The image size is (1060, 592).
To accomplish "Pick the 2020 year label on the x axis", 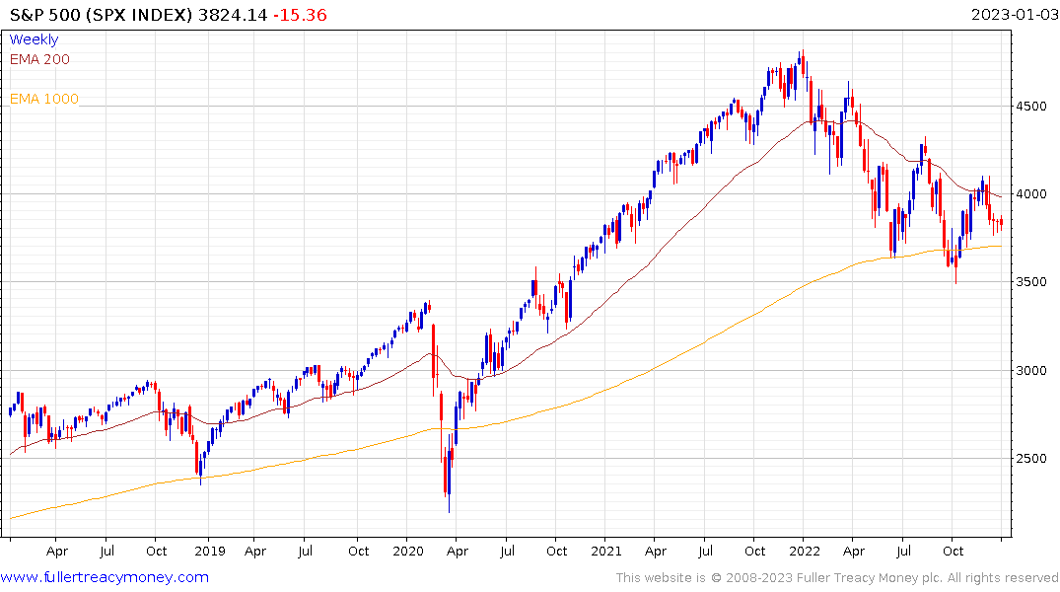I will coord(406,551).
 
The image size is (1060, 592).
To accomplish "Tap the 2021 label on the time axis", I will coord(606,551).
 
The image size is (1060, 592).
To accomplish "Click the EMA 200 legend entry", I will coord(39,59).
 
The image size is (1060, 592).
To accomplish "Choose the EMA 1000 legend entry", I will coord(43,99).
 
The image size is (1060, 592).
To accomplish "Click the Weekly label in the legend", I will coord(34,39).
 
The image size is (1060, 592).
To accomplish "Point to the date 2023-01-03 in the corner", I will coord(1012,15).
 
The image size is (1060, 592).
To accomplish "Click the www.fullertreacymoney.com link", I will coord(105,577).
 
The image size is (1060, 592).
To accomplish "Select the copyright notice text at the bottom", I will coord(837,577).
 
